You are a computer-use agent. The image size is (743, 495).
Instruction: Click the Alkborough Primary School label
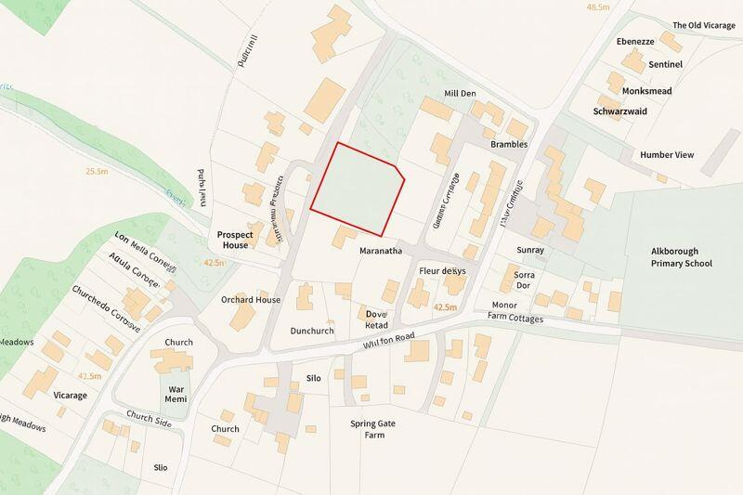coord(681,257)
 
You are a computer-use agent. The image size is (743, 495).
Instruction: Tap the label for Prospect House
coord(233,240)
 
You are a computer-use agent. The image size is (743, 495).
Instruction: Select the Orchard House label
coord(250,300)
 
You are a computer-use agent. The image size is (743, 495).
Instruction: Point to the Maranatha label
coord(381,251)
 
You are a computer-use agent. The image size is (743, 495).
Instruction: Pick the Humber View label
coord(667,154)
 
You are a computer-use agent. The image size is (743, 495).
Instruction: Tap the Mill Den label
coord(460,94)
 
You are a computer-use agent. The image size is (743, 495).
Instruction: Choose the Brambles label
coord(510,145)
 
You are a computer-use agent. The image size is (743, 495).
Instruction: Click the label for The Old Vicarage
coord(704,25)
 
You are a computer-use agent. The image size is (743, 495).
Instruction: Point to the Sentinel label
coord(666,64)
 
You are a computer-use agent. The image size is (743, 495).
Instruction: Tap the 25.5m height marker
coord(97,171)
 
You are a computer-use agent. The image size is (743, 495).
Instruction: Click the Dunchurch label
coord(311,331)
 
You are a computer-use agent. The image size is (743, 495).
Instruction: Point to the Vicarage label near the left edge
coord(70,396)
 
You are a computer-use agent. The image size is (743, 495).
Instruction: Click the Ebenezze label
coord(635,42)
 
